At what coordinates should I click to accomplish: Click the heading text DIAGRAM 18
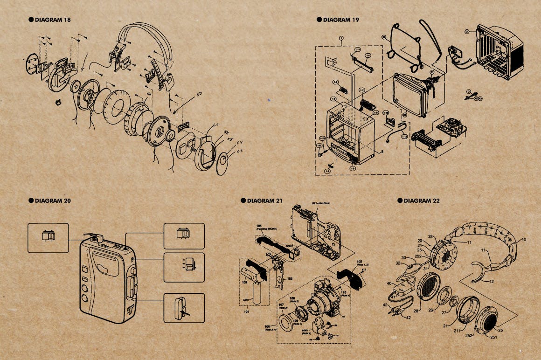click(x=53, y=20)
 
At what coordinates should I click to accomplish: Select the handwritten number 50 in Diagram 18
click(x=199, y=95)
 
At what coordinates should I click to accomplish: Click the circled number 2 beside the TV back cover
click(x=466, y=31)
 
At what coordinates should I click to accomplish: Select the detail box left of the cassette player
click(x=48, y=238)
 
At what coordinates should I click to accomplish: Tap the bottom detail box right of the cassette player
click(x=184, y=308)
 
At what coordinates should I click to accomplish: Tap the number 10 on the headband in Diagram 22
click(x=523, y=239)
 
